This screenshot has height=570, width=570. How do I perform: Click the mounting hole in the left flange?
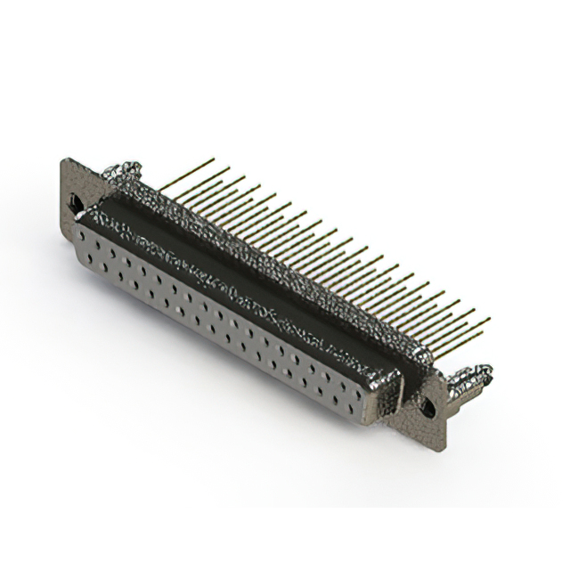(76, 203)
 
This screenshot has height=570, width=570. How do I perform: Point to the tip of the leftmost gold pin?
(213, 159)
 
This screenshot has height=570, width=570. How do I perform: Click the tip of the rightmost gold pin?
(489, 319)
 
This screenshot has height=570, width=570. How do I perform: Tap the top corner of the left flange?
(63, 160)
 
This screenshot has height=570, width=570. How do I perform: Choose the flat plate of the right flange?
(432, 427)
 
